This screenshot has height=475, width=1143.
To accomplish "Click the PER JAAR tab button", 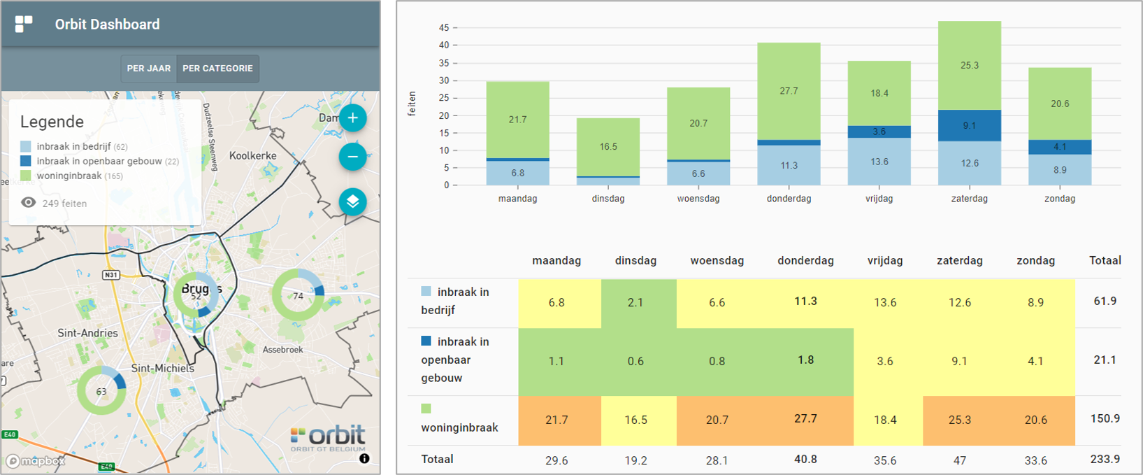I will (149, 69).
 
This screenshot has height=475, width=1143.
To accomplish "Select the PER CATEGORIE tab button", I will (217, 69).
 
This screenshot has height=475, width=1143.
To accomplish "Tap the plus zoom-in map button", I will (353, 118).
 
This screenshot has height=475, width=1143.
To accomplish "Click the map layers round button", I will (353, 202).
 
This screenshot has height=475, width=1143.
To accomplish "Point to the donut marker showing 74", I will (299, 295).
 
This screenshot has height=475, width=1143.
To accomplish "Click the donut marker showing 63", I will (101, 391).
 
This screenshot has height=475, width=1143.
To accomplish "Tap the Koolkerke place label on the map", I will (253, 155).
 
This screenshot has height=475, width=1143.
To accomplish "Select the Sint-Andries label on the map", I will (87, 333).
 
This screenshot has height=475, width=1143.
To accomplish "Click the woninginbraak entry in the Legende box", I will (69, 176).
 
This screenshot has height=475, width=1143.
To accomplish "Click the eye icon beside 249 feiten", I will (28, 203).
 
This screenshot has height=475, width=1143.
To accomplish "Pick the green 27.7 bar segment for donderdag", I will (789, 91).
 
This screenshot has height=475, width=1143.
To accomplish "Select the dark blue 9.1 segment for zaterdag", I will (969, 126).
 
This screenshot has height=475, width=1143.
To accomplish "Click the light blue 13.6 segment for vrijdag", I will (879, 162).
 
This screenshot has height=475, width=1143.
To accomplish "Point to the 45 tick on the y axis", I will (444, 28).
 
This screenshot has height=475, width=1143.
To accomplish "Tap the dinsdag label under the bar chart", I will (608, 199).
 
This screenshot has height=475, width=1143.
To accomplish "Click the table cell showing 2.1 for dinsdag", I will (635, 303).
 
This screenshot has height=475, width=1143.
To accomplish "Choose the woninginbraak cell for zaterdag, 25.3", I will (959, 420).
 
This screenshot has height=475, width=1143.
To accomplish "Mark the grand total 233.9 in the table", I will (1105, 460).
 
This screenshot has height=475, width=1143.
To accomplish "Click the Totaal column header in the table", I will (1105, 260).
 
